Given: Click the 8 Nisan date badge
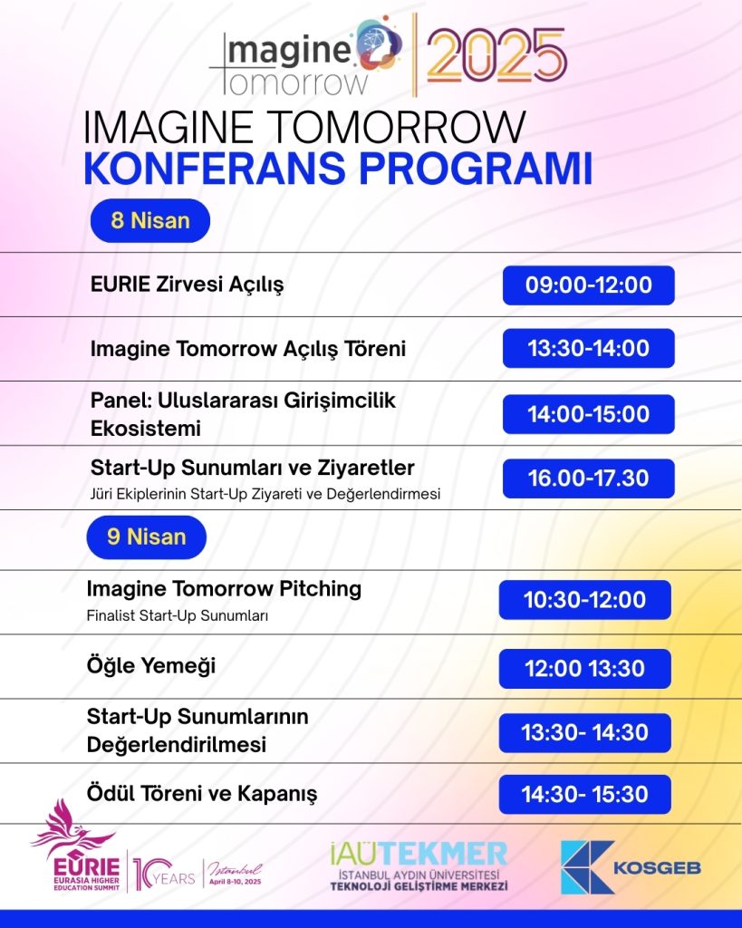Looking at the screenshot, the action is point(150,221).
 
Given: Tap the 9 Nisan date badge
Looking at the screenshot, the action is point(147,536).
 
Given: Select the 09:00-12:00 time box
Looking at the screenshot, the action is point(589,285).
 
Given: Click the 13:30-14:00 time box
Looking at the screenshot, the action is point(589,348).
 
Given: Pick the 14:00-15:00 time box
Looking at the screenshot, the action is point(589,413).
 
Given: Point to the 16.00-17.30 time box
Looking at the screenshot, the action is point(589,478).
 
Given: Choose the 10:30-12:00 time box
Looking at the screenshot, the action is point(585,600).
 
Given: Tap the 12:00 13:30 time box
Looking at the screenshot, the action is point(585,668).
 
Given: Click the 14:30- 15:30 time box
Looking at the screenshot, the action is point(585,794).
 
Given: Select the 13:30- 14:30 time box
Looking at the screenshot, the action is point(585,732).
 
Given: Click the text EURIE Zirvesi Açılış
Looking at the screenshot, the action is point(187,285).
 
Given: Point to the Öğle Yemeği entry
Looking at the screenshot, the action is point(151,666).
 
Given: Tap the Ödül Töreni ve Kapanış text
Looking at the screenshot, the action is point(202,794).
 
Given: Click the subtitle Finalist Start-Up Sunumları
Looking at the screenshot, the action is point(178,615).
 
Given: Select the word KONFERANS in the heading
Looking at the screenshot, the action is point(214,169).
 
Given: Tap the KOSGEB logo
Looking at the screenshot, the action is point(631,867).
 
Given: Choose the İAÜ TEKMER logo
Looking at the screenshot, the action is point(419,865).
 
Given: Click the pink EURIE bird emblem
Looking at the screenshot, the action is point(72,826).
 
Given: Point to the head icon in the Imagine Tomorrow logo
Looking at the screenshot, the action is point(380,42).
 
